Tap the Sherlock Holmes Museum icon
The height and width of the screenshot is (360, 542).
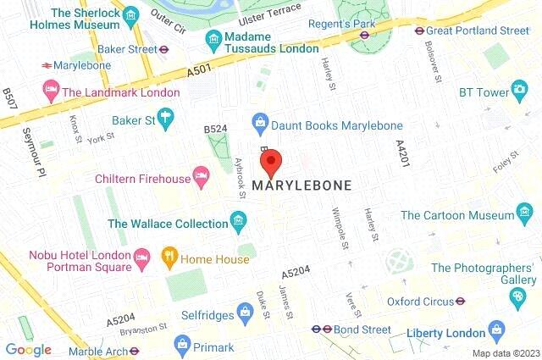(130, 16)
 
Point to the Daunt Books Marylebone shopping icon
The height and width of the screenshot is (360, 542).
(260, 125)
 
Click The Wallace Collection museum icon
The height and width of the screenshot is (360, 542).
(240, 224)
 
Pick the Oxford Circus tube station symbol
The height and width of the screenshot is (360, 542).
(462, 301)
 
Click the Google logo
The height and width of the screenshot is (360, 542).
(28, 349)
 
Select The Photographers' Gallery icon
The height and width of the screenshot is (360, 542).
(517, 295)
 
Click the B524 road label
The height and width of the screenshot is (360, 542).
(216, 128)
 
